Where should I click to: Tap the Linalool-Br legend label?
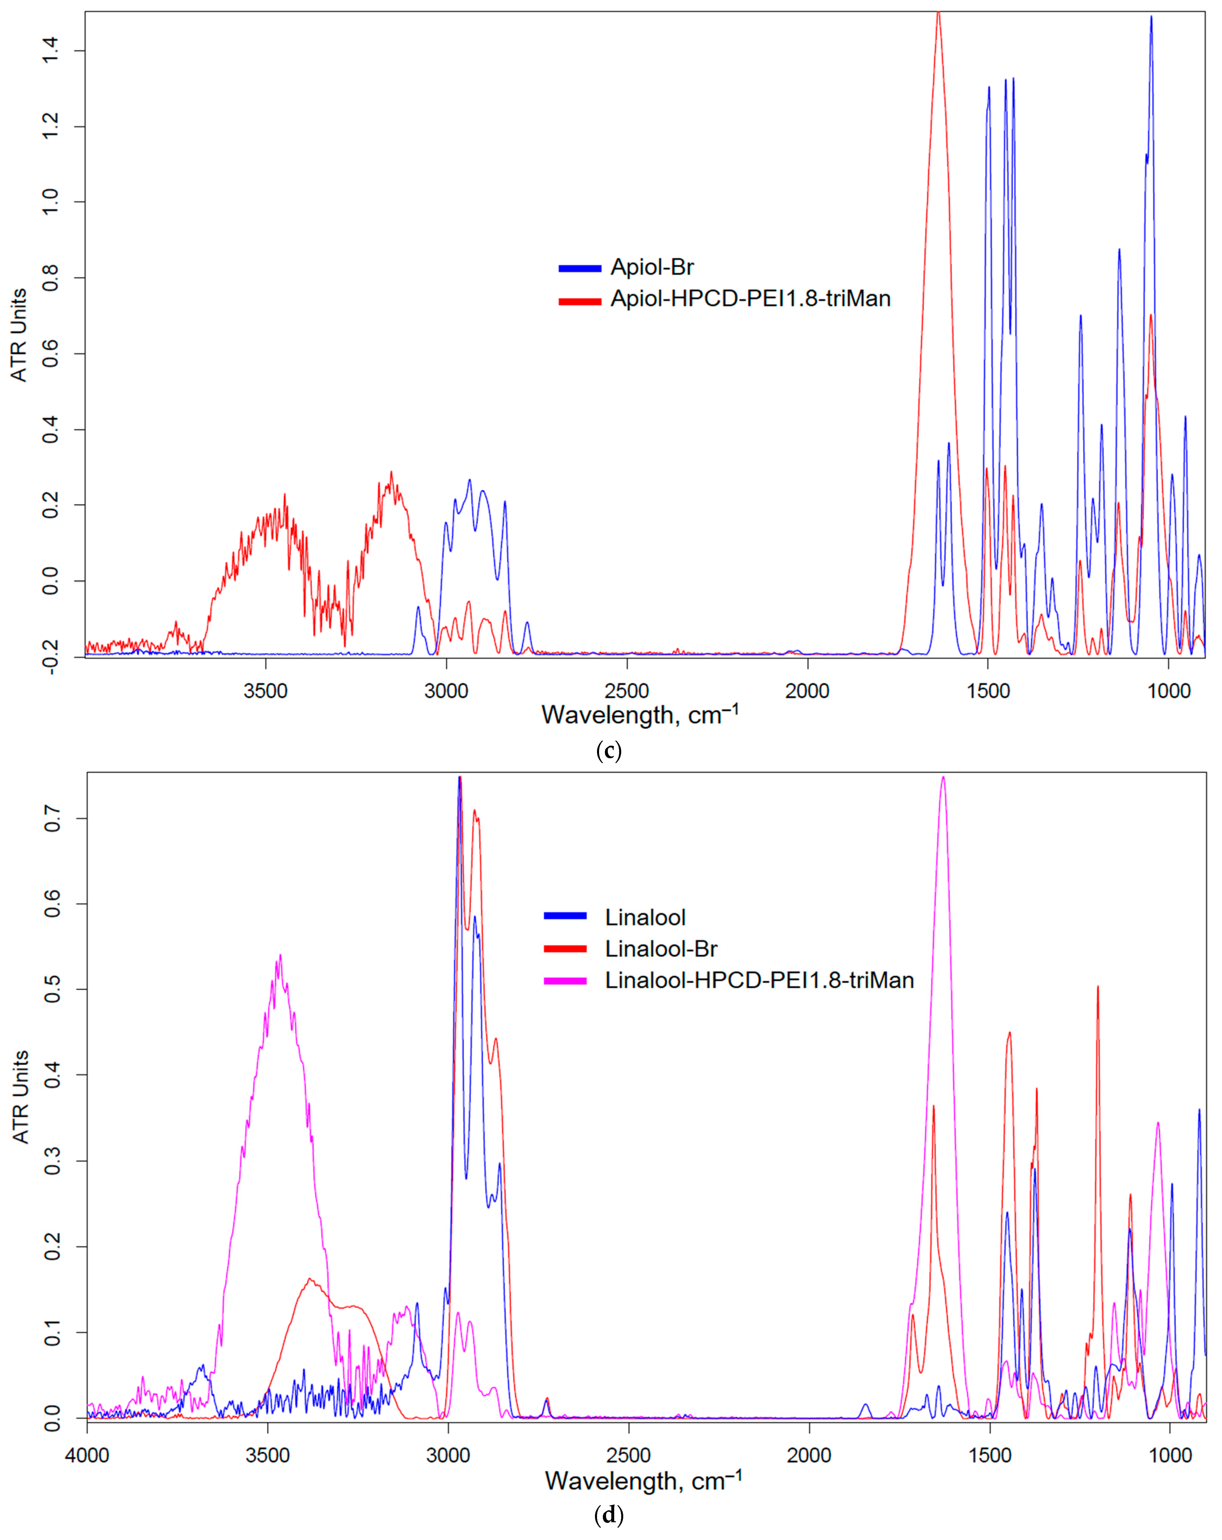(x=661, y=949)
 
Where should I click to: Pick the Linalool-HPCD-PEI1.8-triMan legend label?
(x=759, y=980)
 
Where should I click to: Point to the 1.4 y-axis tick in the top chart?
(x=50, y=51)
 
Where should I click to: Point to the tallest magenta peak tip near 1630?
(x=943, y=777)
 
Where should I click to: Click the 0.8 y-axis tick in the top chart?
(x=50, y=278)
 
